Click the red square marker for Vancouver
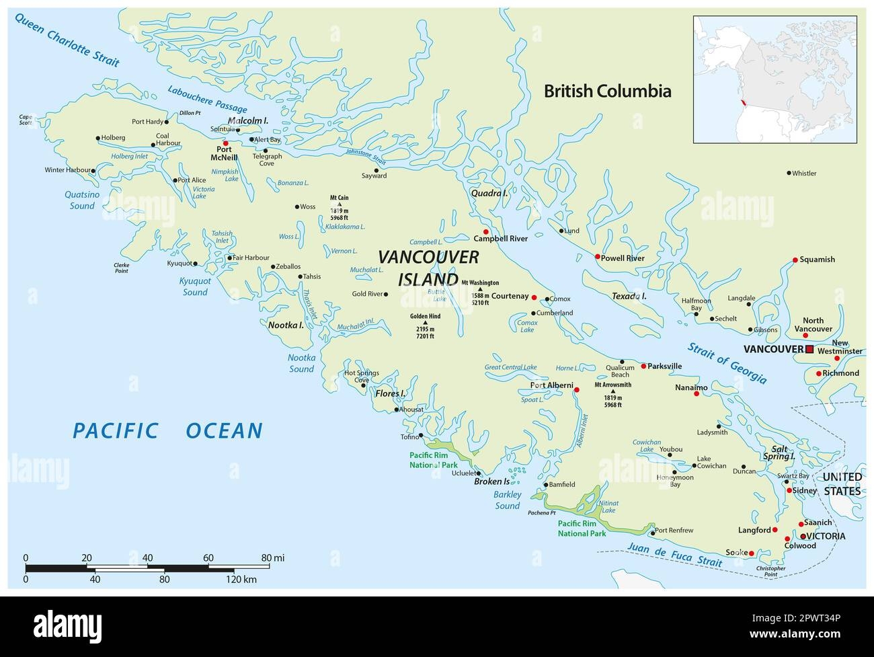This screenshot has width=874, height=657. (809, 349)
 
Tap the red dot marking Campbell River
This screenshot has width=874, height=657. (485, 232)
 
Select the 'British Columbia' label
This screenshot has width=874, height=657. (607, 91)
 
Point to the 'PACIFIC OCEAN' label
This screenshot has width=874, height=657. (167, 430)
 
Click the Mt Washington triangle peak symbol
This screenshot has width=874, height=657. (480, 289)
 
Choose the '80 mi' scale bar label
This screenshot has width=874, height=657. (274, 557)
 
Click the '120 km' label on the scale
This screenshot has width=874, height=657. (241, 579)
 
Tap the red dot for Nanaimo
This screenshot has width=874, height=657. (697, 393)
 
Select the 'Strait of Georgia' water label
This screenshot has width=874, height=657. (727, 362)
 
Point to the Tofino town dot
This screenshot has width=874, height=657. (422, 435)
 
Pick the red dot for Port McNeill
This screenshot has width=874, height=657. (226, 143)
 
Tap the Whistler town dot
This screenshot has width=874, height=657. (789, 173)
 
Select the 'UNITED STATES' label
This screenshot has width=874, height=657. (842, 484)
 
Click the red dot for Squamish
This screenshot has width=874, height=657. (795, 260)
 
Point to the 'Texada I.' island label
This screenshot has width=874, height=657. (629, 296)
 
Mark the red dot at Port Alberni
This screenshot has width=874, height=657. (576, 389)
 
